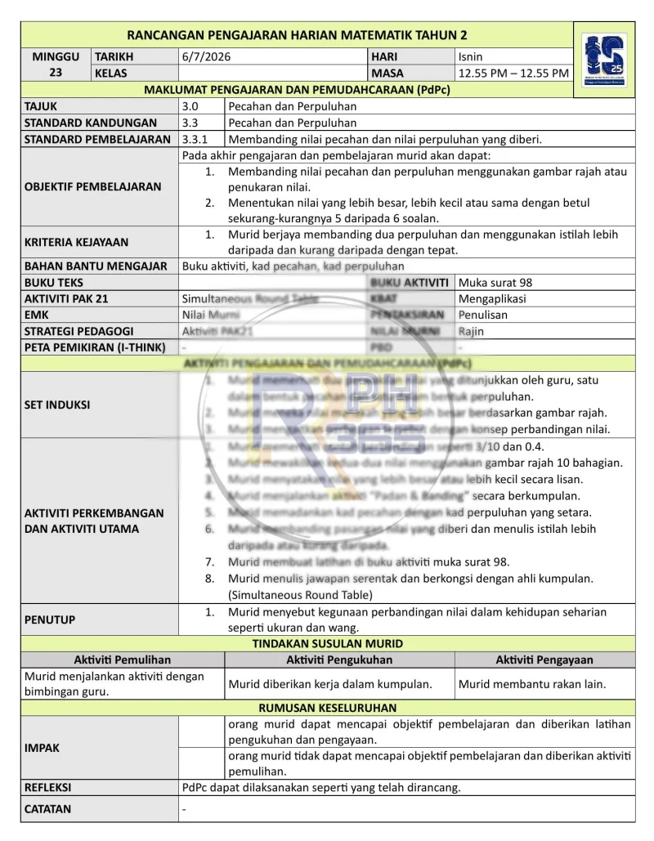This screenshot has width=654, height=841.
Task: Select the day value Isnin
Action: pyautogui.click(x=471, y=57)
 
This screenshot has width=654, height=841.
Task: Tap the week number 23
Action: pyautogui.click(x=56, y=72)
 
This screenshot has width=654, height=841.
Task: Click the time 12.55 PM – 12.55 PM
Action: pyautogui.click(x=513, y=74)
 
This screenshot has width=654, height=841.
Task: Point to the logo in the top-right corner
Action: pyautogui.click(x=605, y=60)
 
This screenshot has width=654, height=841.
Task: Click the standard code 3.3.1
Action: pyautogui.click(x=195, y=139)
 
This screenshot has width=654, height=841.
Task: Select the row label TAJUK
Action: pyautogui.click(x=41, y=106)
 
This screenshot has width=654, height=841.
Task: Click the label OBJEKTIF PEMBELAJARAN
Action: pyautogui.click(x=93, y=186)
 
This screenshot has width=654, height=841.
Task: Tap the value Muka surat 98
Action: pyautogui.click(x=495, y=282)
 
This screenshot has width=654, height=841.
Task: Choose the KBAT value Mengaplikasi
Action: pyautogui.click(x=492, y=298)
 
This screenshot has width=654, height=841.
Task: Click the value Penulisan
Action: pyautogui.click(x=483, y=315)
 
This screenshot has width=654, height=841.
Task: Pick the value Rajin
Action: pyautogui.click(x=471, y=331)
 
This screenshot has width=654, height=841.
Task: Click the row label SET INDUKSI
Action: pyautogui.click(x=57, y=405)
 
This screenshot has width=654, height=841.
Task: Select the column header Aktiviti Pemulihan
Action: pyautogui.click(x=123, y=660)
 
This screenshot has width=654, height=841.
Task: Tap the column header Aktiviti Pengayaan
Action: pyautogui.click(x=544, y=660)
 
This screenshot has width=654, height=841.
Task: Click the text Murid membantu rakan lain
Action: pyautogui.click(x=532, y=684)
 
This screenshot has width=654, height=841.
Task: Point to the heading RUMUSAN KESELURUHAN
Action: pyautogui.click(x=328, y=708)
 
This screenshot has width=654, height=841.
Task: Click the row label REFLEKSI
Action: pyautogui.click(x=47, y=788)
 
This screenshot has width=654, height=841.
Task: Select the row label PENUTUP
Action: pyautogui.click(x=50, y=620)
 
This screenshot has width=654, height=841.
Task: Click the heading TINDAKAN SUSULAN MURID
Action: pyautogui.click(x=328, y=643)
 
